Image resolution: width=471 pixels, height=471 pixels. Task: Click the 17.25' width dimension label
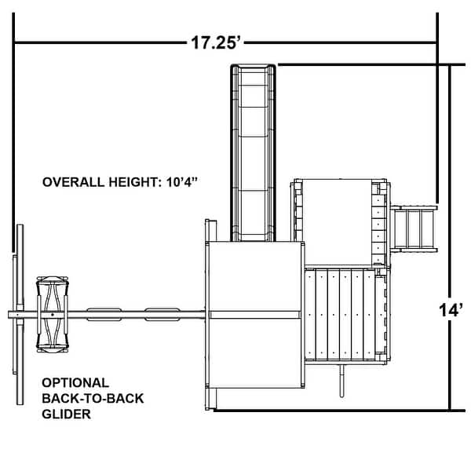[214, 42]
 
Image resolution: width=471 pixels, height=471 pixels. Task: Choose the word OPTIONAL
[75, 383]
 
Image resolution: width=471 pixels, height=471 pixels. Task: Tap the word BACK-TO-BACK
[93, 399]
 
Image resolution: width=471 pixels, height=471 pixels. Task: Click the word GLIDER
[67, 414]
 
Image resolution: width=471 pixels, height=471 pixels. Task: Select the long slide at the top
[254, 149]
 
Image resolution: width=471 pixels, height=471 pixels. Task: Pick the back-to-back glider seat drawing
[53, 314]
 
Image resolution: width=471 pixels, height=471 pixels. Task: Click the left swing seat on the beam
[104, 314]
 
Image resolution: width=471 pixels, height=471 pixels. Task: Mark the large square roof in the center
[254, 314]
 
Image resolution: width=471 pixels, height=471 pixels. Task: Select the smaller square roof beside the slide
[337, 222]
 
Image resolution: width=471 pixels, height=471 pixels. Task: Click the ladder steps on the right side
[414, 228]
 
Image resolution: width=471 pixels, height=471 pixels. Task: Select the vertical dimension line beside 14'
[450, 235]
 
